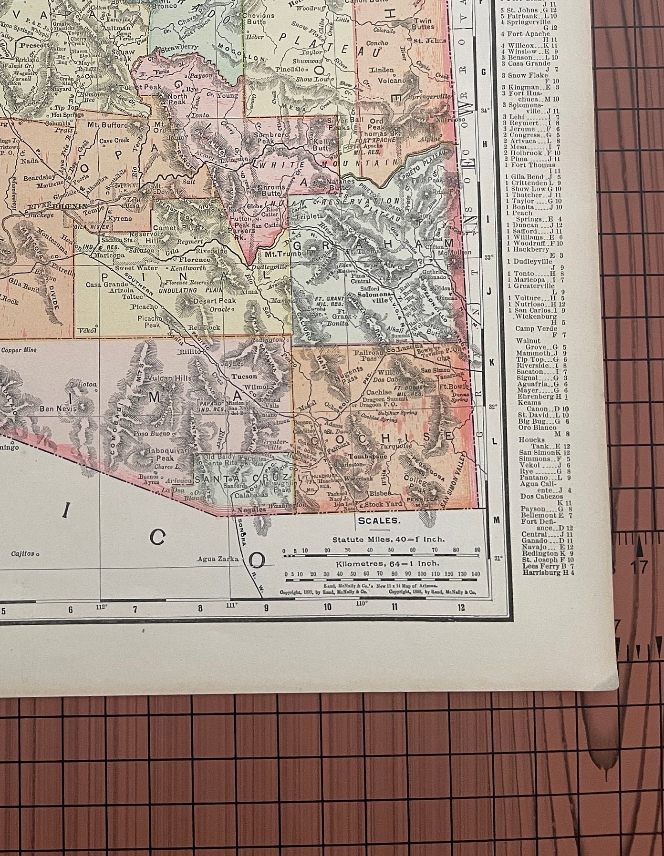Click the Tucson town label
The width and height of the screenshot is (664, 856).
point(244,376)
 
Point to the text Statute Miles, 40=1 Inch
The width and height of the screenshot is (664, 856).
point(389,539)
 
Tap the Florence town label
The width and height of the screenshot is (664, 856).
point(194,260)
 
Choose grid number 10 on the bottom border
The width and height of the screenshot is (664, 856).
point(327,607)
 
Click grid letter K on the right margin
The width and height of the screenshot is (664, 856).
point(492,362)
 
